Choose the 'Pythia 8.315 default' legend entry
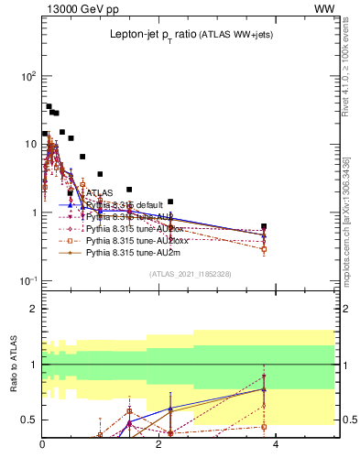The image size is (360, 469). [128, 204]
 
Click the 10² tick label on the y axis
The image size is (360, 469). [27, 76]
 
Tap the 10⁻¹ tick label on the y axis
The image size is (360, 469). [27, 280]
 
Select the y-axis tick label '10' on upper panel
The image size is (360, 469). [29, 145]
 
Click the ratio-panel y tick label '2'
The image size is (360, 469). [33, 310]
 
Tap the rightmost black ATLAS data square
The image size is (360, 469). [264, 226]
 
